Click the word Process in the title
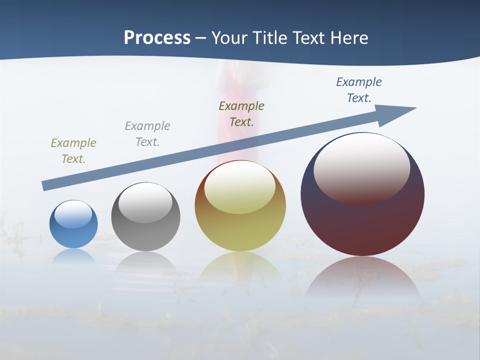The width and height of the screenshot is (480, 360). point(157,38)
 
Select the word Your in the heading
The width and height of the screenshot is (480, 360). point(228,38)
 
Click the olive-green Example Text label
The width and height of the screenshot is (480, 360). point(73,151)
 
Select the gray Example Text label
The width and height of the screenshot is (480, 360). point(147,134)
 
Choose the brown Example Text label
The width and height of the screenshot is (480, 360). point(241,114)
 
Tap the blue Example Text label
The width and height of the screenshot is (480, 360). point(359,90)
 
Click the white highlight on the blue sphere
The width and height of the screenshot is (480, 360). point(73,214)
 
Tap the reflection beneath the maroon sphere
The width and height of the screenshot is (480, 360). point(362,277)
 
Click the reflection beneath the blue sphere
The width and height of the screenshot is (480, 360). point(73,256)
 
